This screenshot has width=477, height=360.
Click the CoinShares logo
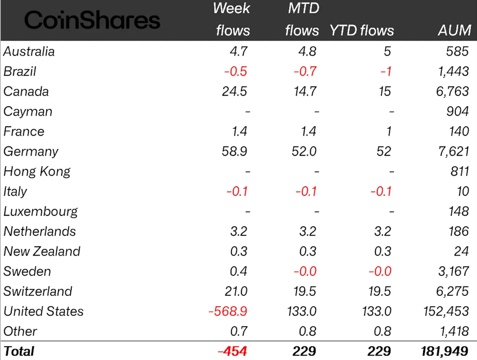tap(92, 21)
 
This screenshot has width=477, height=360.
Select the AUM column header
tap(454, 30)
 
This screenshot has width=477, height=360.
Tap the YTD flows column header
tap(362, 30)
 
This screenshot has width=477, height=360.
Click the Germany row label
tap(31, 152)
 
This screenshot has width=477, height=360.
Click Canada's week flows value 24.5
tap(234, 91)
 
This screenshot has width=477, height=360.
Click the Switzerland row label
tap(38, 291)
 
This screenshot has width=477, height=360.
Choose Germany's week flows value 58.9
tap(234, 152)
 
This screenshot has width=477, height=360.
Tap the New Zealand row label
tap(42, 251)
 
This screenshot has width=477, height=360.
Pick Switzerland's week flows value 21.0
tap(236, 291)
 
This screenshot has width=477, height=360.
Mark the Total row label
tap(19, 351)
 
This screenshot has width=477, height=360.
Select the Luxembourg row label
tap(41, 211)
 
